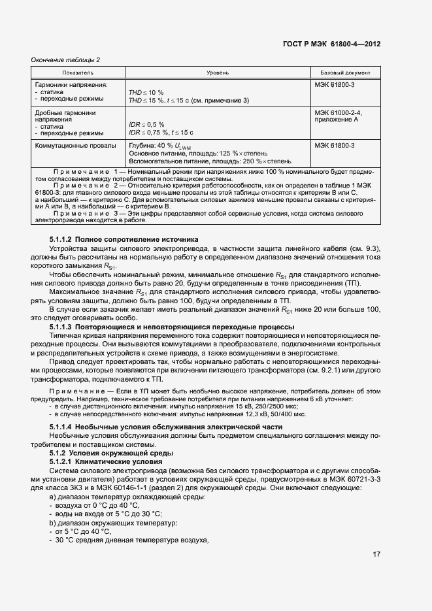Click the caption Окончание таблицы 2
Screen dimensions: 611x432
click(x=65, y=60)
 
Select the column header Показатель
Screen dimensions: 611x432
click(x=78, y=72)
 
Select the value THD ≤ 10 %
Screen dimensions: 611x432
click(x=146, y=92)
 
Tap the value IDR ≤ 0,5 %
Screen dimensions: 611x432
click(x=146, y=124)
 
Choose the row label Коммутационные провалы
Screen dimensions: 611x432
click(x=75, y=145)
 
